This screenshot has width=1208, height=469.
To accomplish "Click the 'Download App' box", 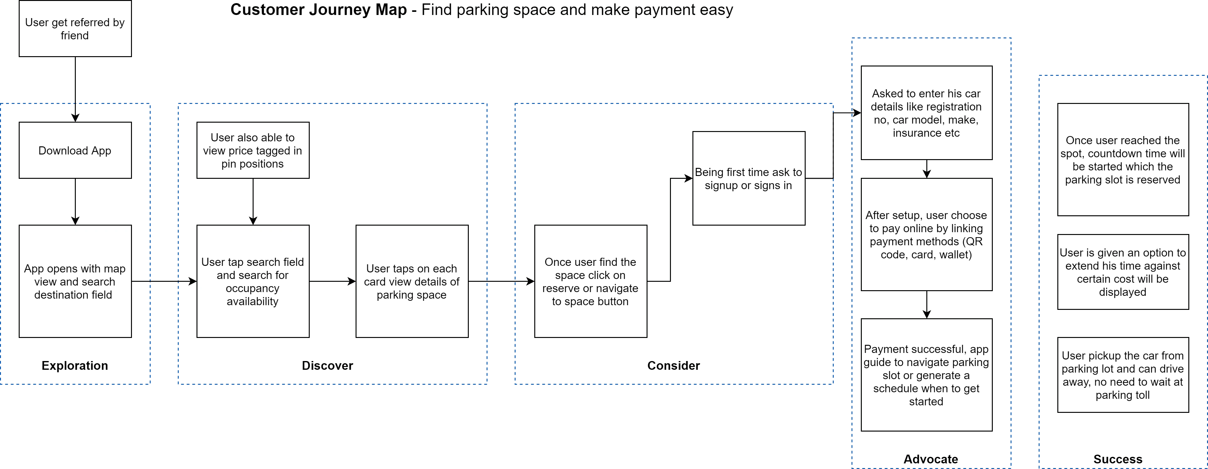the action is tap(75, 150).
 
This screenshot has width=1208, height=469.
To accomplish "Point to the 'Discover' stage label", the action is tap(327, 365).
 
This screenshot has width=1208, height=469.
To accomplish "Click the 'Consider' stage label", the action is tap(673, 365).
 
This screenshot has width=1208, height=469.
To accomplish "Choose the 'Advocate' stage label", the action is tap(931, 459).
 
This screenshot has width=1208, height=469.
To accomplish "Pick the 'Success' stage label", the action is tap(1118, 459).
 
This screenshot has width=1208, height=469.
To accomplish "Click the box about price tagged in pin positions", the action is tap(253, 150).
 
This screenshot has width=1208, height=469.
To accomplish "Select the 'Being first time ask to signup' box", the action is tap(749, 178).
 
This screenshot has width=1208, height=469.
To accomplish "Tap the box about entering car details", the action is tap(927, 113).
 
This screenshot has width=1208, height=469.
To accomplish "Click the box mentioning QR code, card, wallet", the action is tap(927, 235).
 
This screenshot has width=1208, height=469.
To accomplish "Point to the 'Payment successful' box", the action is tap(927, 375).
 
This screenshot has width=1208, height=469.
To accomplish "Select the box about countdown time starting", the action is tap(1123, 159).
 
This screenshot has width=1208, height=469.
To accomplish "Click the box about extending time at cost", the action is tap(1123, 272).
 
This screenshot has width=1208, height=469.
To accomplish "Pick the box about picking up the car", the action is tap(1123, 375).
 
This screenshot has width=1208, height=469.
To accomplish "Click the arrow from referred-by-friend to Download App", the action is tap(75, 90).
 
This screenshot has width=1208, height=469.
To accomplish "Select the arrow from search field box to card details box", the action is tap(332, 281).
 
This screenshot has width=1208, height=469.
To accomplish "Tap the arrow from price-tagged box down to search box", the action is tap(253, 202).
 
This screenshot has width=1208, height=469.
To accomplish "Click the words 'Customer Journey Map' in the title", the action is tap(318, 9).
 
